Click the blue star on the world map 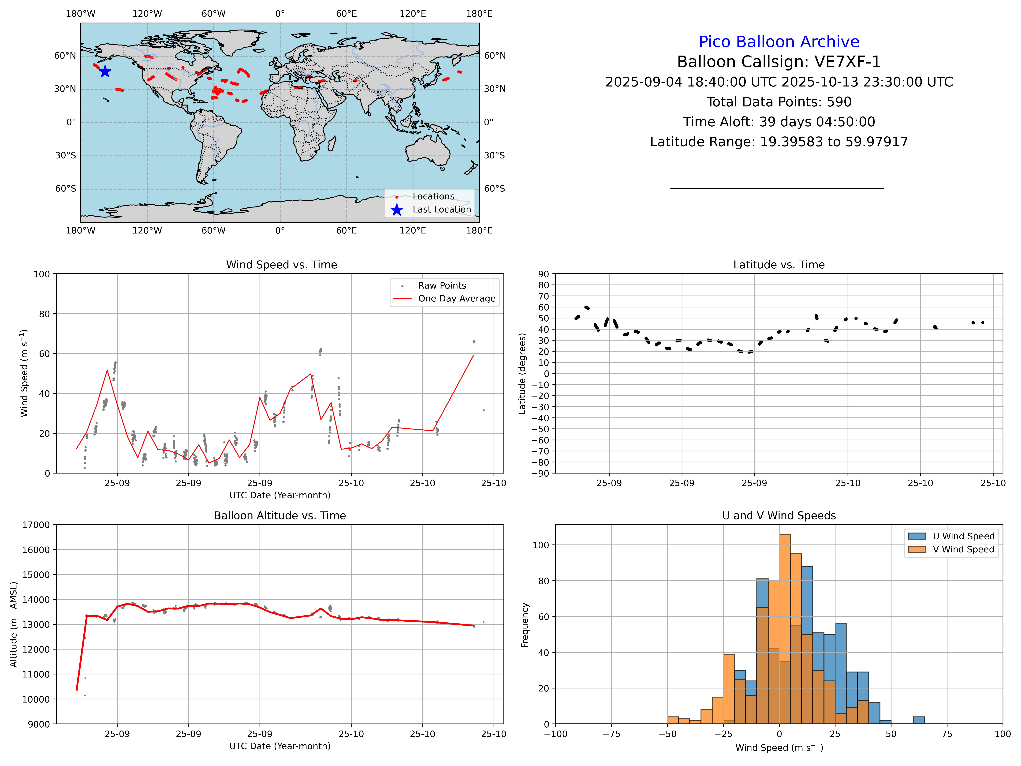pos(105,71)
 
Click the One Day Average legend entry pos(456,299)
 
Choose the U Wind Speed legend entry pos(963,536)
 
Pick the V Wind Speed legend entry pos(963,549)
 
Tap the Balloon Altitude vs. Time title pos(280,516)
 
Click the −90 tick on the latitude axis pos(540,474)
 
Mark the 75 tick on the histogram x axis pos(947,734)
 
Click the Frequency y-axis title pos(525,625)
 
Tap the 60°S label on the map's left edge pos(66,189)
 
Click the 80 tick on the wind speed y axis pos(44,314)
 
